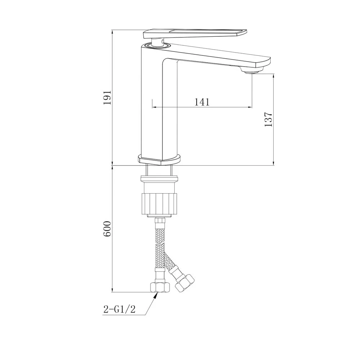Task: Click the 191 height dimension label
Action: [x=107, y=98]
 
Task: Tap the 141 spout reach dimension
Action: [x=202, y=102]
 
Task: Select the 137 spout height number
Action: [x=268, y=119]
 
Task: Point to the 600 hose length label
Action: [x=107, y=229]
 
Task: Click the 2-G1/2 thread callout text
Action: [x=120, y=309]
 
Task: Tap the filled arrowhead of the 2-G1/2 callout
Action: [x=156, y=295]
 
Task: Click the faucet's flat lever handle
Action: [x=195, y=33]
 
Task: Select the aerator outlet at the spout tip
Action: [x=252, y=72]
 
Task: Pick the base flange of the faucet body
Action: [x=159, y=159]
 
